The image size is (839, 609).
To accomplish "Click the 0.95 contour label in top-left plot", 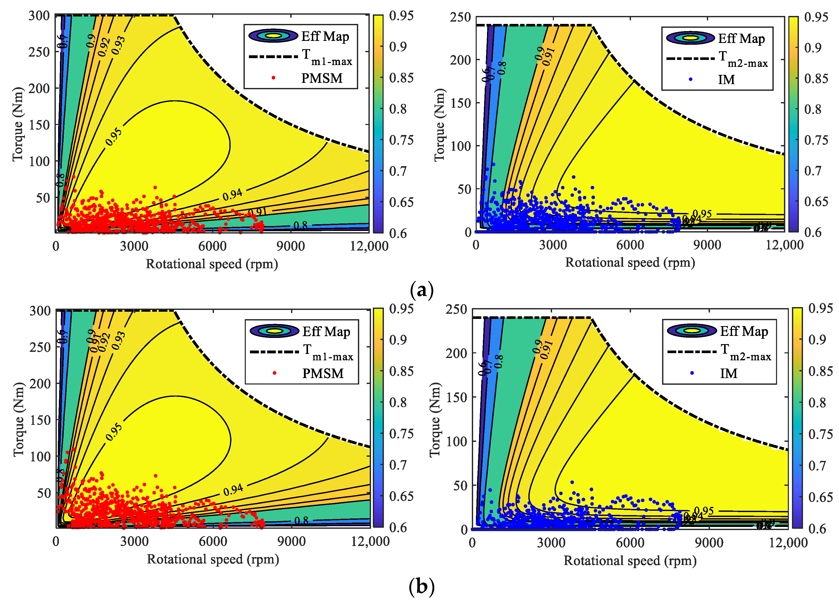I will coord(113,137).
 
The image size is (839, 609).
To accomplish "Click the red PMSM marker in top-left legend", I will coord(273,78).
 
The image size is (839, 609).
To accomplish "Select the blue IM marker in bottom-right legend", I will coord(692,373).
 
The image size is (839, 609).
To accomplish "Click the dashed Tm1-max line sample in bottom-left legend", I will coord(274,352).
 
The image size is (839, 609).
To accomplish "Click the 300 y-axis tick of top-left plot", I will coord(39,16).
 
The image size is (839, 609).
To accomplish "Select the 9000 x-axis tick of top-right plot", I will coord(707,245).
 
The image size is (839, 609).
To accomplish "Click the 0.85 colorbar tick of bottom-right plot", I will coord(820,371).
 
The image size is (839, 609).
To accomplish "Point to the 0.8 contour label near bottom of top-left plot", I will coord(300,225).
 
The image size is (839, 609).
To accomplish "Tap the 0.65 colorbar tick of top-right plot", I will coord(816,202).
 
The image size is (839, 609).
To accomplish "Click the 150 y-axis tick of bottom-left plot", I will coord(40,420).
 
